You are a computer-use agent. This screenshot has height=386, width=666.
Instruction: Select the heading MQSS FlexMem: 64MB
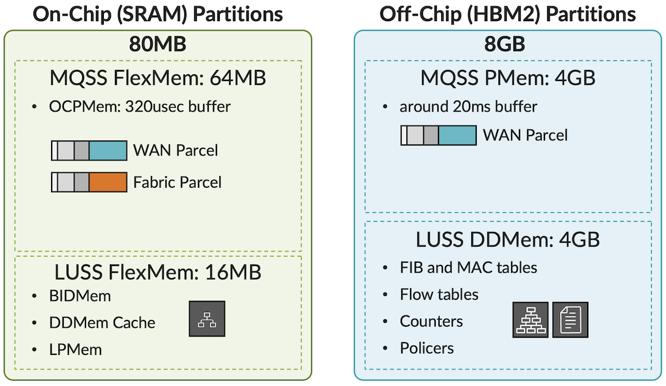click(x=158, y=78)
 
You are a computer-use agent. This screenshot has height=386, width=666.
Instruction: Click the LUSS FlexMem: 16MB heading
click(x=158, y=273)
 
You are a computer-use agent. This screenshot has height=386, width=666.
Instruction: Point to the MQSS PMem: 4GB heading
click(x=508, y=78)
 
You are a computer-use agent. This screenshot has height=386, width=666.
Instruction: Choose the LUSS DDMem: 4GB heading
click(x=508, y=240)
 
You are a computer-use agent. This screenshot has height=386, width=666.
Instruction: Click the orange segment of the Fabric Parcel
click(x=108, y=182)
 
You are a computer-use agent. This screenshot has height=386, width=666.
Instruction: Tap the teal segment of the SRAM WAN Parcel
click(x=108, y=150)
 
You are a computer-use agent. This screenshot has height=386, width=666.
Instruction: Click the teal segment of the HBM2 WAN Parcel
click(x=457, y=135)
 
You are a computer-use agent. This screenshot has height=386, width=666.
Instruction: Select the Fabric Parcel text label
click(x=177, y=182)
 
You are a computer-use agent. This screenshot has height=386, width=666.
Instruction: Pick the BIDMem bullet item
click(x=79, y=296)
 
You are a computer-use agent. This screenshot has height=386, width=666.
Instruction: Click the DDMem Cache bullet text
click(x=102, y=323)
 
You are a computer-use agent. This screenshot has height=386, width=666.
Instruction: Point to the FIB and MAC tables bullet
click(x=468, y=267)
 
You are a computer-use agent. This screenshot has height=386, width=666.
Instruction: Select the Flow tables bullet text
click(x=439, y=294)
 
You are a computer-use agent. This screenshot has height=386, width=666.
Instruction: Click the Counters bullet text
click(x=431, y=321)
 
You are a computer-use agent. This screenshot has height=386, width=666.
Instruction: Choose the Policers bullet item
click(x=426, y=348)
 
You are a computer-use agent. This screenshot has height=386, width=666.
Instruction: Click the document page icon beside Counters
click(x=570, y=320)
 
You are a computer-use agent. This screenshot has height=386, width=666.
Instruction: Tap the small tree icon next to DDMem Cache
click(x=207, y=319)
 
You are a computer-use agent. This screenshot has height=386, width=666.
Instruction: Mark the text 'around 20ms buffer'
click(x=468, y=106)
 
